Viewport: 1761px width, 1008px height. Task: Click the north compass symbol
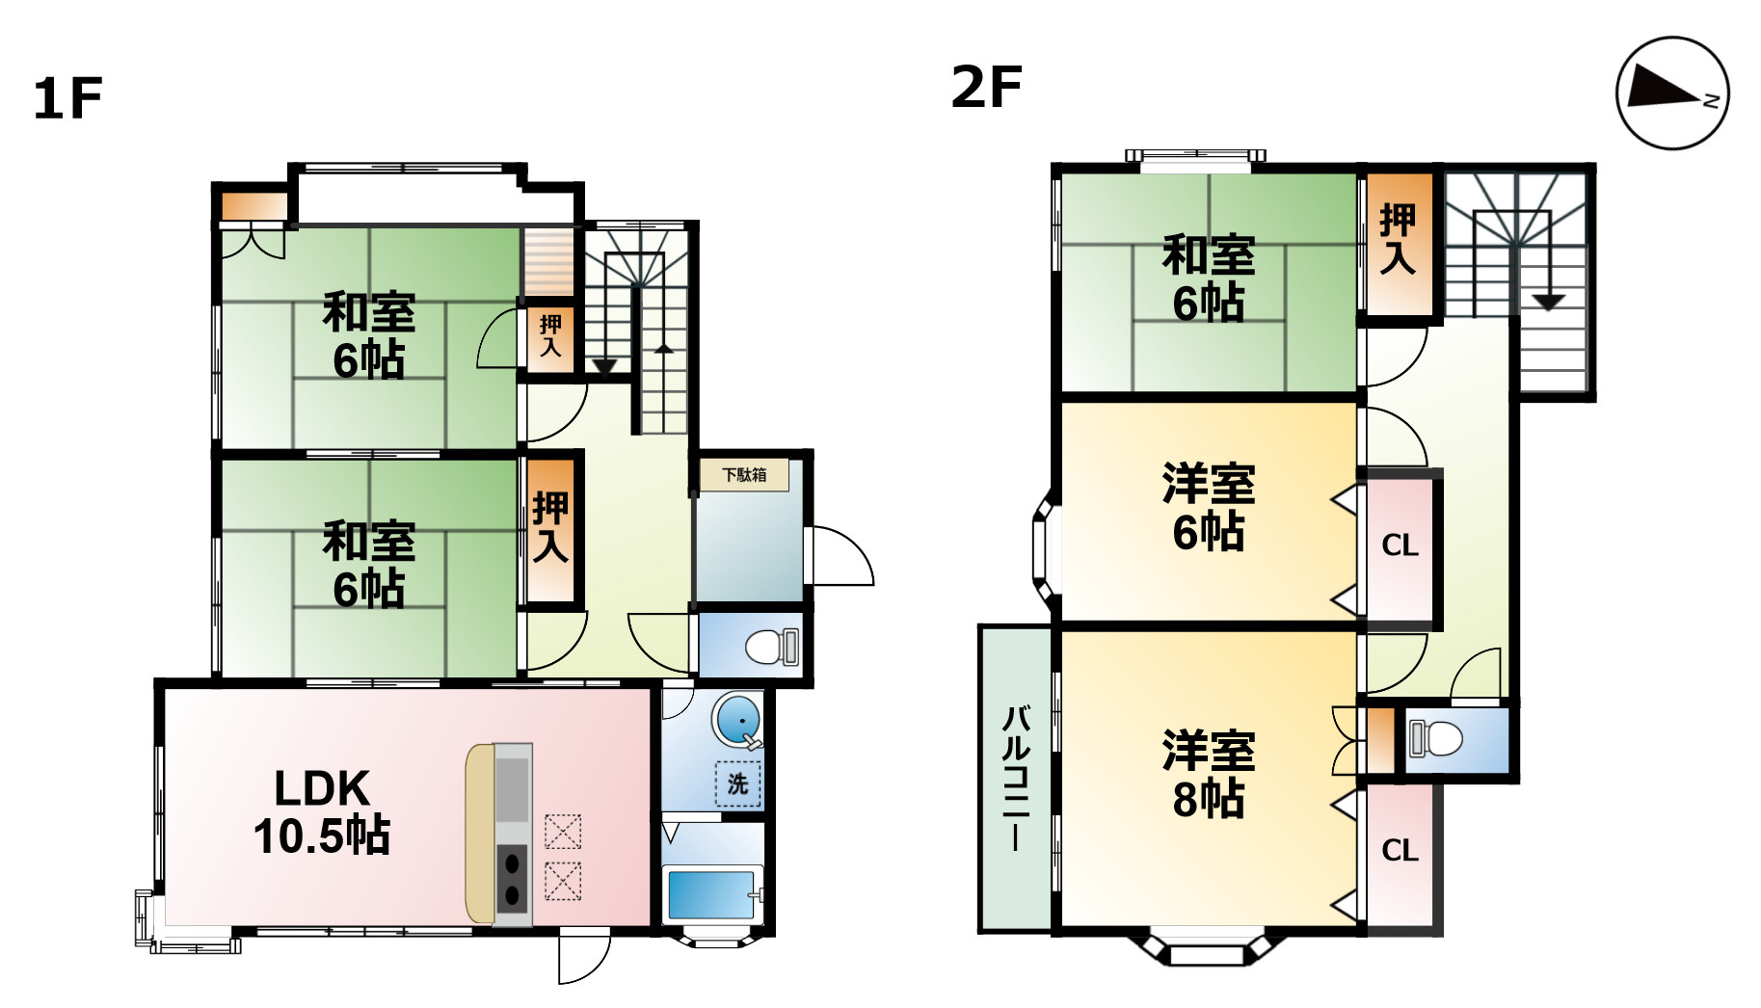tap(1672, 93)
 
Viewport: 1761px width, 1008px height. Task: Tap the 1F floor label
tap(67, 98)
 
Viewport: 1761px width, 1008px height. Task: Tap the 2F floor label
tap(986, 87)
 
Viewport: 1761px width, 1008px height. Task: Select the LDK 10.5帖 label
tap(322, 812)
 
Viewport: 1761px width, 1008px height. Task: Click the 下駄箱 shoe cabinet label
tap(744, 474)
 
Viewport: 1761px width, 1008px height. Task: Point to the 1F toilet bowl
tap(769, 647)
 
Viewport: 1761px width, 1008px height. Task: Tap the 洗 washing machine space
tap(737, 783)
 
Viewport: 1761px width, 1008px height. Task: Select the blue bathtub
tap(710, 894)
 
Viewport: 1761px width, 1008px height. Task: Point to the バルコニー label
tap(1016, 779)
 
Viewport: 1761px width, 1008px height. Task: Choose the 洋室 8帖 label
tap(1209, 775)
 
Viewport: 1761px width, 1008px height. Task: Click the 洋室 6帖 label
tap(1209, 508)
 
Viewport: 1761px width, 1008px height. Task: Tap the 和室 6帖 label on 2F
tap(1209, 279)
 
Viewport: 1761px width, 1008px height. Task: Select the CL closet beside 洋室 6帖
tap(1400, 545)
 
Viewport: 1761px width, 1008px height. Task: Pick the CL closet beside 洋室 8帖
tap(1400, 850)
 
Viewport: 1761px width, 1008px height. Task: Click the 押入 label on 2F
tap(1398, 239)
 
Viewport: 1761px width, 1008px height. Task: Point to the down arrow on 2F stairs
tap(1548, 301)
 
